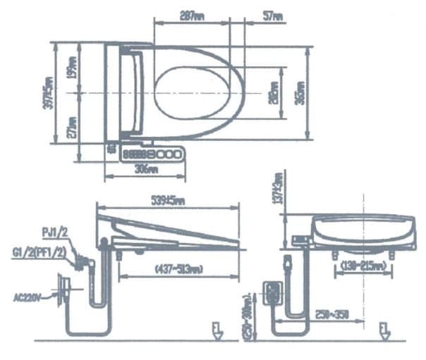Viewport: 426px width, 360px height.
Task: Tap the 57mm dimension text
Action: pyautogui.click(x=273, y=14)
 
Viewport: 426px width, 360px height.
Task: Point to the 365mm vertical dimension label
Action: pyautogui.click(x=301, y=93)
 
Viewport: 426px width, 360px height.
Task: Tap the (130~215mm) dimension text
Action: pyautogui.click(x=361, y=266)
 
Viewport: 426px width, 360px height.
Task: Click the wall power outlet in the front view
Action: pyautogui.click(x=272, y=292)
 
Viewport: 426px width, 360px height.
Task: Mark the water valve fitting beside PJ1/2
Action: pyautogui.click(x=83, y=263)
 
